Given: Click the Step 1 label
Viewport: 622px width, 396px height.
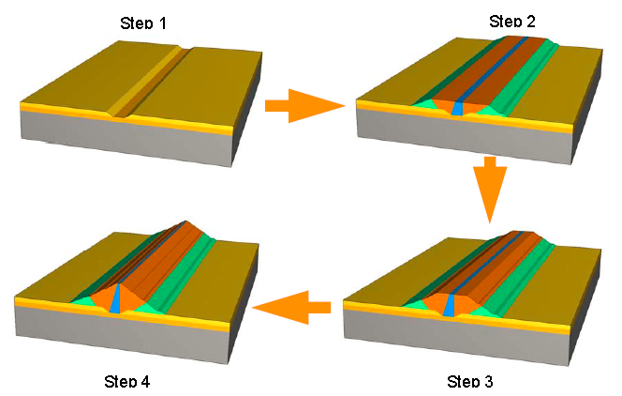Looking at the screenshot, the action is tap(143, 23).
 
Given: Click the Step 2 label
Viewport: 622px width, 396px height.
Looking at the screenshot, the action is tap(512, 21).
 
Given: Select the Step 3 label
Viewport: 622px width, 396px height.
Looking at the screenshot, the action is tap(470, 381).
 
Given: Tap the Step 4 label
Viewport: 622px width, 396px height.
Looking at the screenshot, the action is tap(127, 381).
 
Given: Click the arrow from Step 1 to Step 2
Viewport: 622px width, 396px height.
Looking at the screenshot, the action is tap(304, 106).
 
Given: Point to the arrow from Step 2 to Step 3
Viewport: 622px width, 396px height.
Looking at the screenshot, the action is tap(490, 190).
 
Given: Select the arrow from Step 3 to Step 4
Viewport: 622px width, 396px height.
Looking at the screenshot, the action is tap(291, 308).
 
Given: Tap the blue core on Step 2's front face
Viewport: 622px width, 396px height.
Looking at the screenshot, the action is tap(457, 108).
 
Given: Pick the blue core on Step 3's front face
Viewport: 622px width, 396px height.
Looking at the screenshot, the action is tap(449, 305).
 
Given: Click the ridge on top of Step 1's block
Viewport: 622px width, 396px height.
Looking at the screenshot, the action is tap(152, 82).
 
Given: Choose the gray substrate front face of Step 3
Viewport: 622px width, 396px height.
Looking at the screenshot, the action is tap(456, 337).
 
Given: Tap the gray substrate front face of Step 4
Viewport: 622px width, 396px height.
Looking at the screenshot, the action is tap(122, 335).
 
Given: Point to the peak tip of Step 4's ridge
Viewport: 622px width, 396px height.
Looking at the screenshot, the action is tap(185, 221).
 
